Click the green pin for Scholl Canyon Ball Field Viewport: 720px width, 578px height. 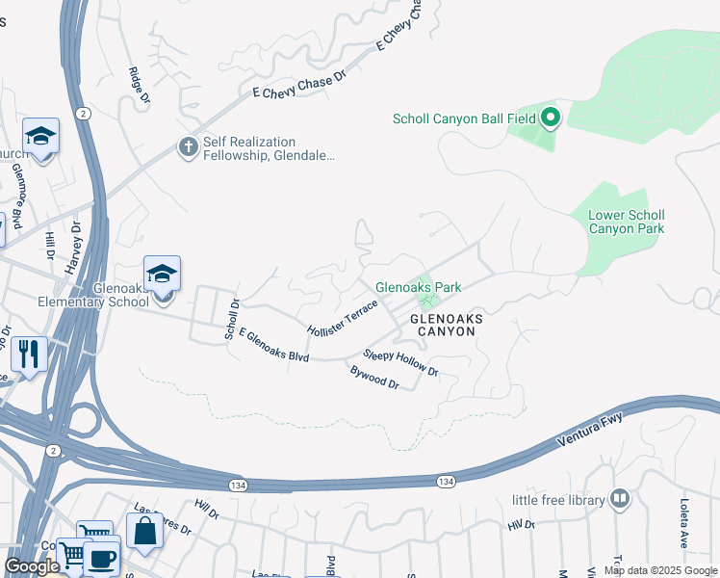pyautogui.click(x=551, y=118)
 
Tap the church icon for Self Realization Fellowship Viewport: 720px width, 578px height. pyautogui.click(x=188, y=146)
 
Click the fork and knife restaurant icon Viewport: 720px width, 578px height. pyautogui.click(x=29, y=355)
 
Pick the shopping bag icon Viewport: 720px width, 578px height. pyautogui.click(x=144, y=532)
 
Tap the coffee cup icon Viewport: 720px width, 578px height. pyautogui.click(x=101, y=557)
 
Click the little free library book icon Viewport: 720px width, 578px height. pyautogui.click(x=621, y=499)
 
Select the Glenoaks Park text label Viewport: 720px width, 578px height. pyautogui.click(x=418, y=287)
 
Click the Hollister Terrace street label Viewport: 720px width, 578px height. pyautogui.click(x=342, y=317)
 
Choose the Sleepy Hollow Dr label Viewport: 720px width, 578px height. pyautogui.click(x=399, y=363)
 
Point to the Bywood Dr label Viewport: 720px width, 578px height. pyautogui.click(x=374, y=377)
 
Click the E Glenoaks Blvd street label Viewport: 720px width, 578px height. pyautogui.click(x=273, y=345)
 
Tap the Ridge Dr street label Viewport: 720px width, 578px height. pyautogui.click(x=140, y=85)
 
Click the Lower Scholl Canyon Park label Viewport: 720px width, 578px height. pyautogui.click(x=626, y=223)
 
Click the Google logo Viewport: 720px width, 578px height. pyautogui.click(x=32, y=566)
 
